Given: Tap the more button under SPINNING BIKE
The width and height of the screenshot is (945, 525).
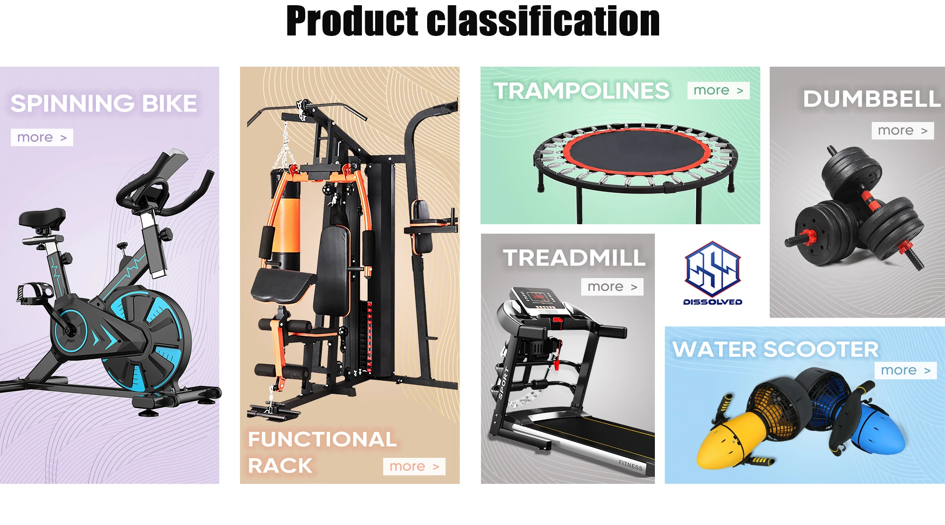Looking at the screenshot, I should tap(42, 137).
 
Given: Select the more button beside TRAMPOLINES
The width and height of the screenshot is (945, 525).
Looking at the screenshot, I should tap(718, 90).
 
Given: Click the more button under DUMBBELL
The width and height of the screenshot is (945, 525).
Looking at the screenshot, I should tap(902, 131).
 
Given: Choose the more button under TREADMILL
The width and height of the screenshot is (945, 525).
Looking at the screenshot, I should tap(612, 287).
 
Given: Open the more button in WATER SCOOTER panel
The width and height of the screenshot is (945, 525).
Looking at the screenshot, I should tap(905, 370).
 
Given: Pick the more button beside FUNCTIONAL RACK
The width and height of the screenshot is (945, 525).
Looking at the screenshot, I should tap(414, 466).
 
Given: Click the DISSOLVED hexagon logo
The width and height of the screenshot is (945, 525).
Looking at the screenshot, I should tap(713, 270).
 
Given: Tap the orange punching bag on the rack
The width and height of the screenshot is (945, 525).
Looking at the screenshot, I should tap(286, 227).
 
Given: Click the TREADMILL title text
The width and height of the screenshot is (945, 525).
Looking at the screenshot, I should tap(574, 258).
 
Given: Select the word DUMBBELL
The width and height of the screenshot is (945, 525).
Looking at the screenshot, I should tap(872, 99).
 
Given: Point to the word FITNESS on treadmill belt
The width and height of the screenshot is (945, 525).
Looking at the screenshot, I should tap(631, 465).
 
